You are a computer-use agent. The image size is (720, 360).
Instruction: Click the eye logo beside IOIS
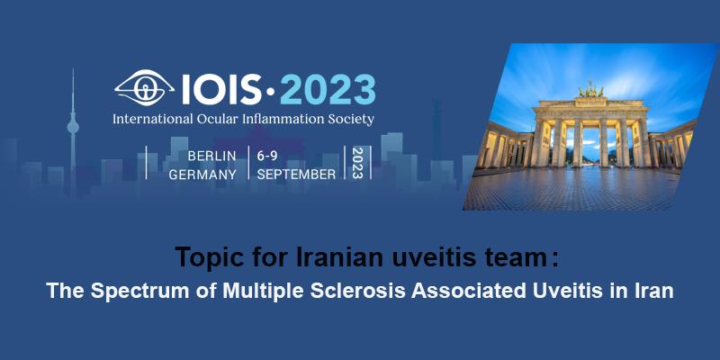click(144, 87)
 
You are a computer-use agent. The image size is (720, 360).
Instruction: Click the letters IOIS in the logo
click(222, 89)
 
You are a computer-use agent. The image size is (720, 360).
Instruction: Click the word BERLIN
click(211, 156)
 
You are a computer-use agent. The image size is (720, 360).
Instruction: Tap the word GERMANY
click(202, 175)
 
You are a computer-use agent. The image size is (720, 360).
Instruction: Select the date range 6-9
click(267, 156)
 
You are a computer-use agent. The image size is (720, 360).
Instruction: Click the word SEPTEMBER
click(296, 175)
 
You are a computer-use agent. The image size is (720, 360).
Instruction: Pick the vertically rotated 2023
click(357, 163)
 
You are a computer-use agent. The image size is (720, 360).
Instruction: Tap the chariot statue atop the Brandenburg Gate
click(590, 89)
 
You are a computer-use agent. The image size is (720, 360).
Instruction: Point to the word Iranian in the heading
click(341, 257)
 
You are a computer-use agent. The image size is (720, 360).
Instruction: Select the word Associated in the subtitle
click(468, 292)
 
